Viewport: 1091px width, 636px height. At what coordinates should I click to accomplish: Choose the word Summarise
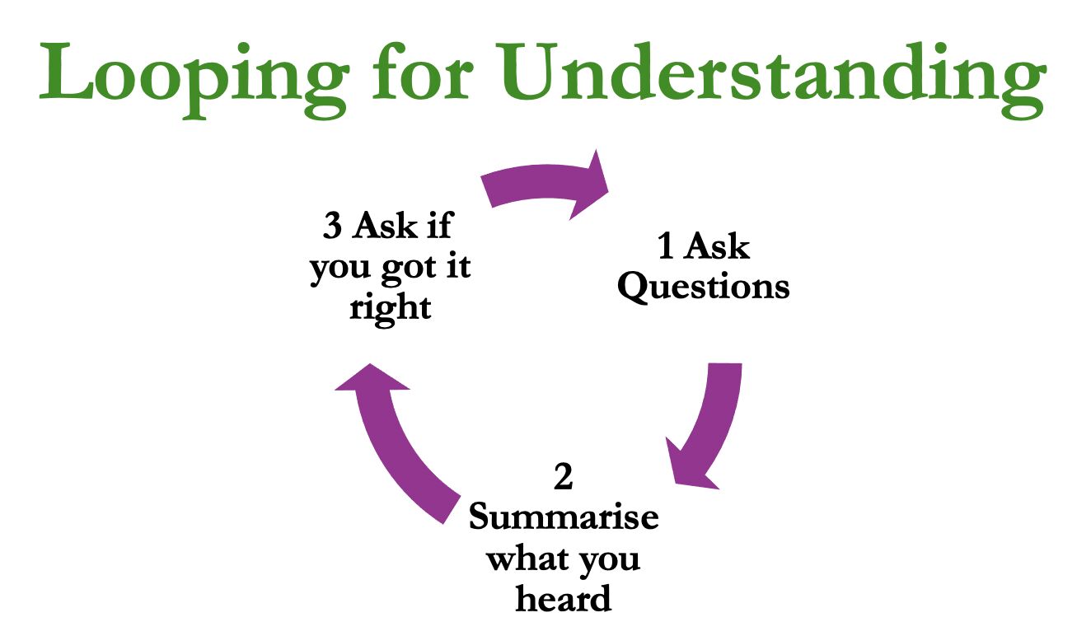pos(564,518)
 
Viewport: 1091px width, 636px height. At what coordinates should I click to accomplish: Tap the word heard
pos(564,598)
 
